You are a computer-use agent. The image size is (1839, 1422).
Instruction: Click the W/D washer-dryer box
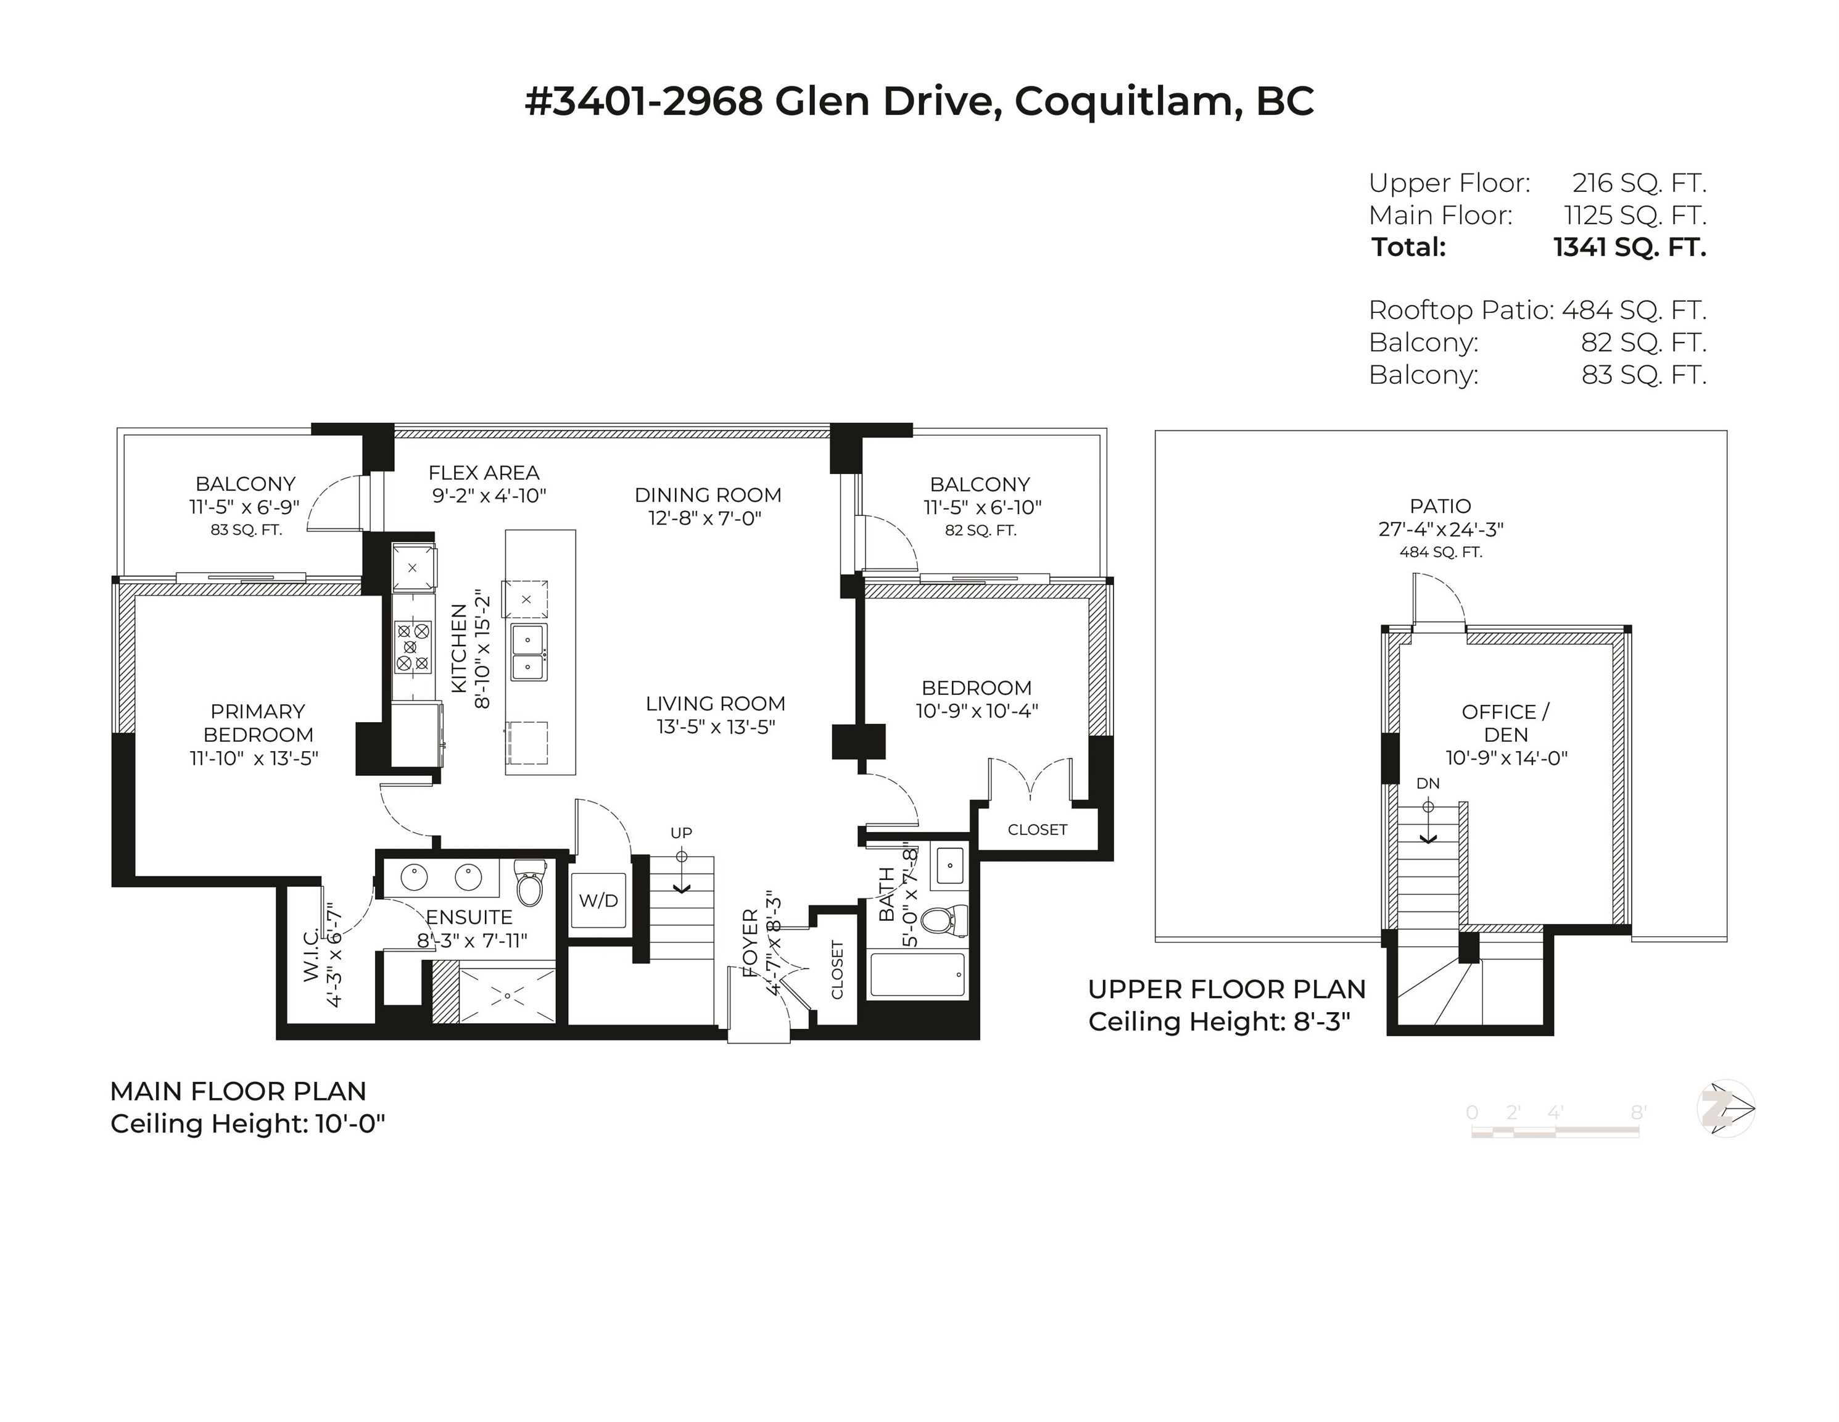[x=598, y=900]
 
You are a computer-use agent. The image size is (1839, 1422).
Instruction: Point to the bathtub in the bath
[x=918, y=975]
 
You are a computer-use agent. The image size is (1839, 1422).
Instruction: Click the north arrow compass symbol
[x=1725, y=1108]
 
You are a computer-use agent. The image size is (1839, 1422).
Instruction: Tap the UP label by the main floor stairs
[x=681, y=833]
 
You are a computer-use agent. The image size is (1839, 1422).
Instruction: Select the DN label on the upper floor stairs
[x=1428, y=783]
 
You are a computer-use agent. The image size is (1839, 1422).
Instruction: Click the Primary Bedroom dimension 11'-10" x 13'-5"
[x=254, y=758]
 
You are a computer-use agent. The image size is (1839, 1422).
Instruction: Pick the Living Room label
[x=716, y=704]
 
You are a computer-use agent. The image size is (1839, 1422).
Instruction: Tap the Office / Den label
[x=1505, y=723]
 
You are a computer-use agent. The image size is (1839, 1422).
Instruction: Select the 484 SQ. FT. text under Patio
[x=1440, y=552]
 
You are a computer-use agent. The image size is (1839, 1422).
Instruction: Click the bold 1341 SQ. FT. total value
[x=1629, y=247]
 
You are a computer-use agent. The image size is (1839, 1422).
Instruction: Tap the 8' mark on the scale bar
[x=1638, y=1113]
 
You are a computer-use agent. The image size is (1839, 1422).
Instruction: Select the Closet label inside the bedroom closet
[x=1038, y=829]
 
